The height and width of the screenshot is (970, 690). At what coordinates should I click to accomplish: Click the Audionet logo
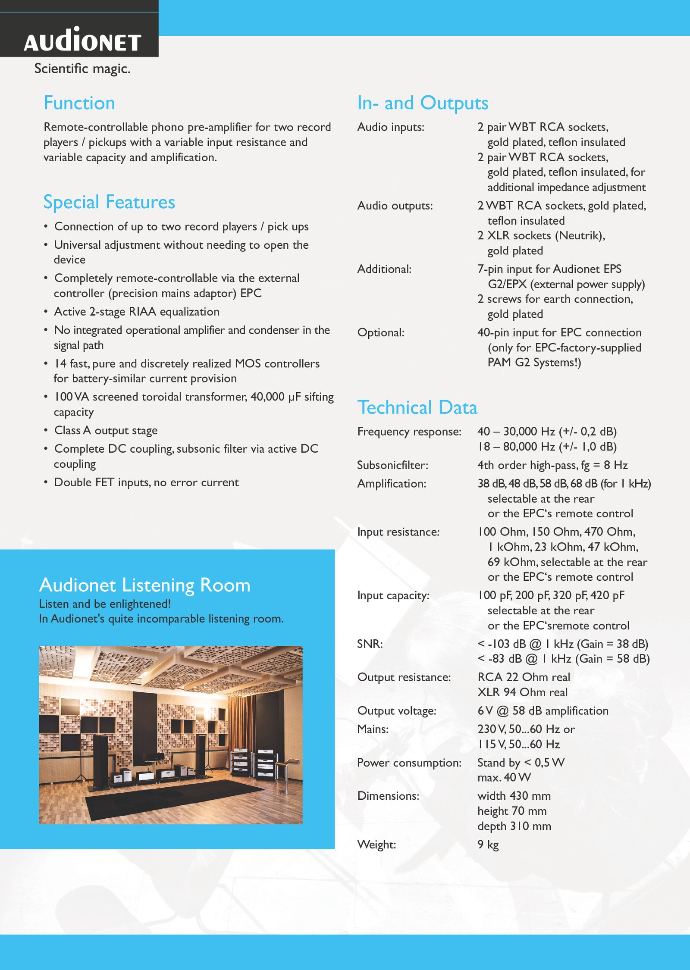pos(82,40)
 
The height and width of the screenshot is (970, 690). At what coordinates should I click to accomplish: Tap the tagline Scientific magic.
pos(82,69)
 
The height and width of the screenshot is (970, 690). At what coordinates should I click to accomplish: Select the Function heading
pos(79,103)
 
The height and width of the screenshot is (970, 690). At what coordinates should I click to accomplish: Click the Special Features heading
pos(109,202)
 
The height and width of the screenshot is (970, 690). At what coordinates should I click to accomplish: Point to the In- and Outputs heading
pos(423,103)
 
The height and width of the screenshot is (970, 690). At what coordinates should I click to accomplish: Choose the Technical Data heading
pos(417,407)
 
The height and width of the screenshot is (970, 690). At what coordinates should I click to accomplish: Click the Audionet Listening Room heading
pos(144,585)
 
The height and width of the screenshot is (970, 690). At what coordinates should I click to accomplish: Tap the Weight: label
pos(376,845)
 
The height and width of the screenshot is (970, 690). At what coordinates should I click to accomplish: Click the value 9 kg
pos(488,845)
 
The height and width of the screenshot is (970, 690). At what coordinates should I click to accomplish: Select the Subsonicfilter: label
pos(392,465)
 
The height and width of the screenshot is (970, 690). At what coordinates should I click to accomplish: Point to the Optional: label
pos(381,332)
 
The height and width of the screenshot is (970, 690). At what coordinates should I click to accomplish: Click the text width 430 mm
pos(514,796)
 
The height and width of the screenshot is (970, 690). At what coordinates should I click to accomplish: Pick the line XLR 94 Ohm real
pos(522,692)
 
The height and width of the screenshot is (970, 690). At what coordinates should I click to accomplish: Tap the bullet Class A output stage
pos(106,430)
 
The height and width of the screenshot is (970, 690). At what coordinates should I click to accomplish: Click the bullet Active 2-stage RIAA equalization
pos(137,312)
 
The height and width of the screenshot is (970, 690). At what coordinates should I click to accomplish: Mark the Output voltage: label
pos(397,711)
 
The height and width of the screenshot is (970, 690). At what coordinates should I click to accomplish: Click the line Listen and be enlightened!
pos(105,604)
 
